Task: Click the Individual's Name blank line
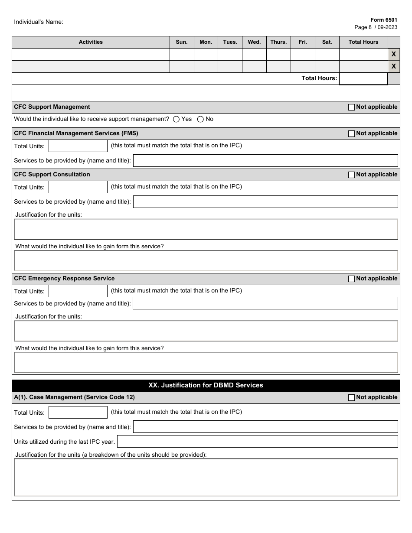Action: [x=134, y=23]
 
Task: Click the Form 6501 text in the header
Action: [x=383, y=20]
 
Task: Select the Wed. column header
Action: [x=254, y=42]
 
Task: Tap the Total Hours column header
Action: [x=363, y=42]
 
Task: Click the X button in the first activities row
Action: [x=393, y=54]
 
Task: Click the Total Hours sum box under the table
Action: [x=363, y=78]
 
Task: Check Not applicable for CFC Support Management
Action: [x=351, y=107]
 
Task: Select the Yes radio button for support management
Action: [x=176, y=119]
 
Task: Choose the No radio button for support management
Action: [x=200, y=119]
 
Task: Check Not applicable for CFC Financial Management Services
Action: [x=351, y=134]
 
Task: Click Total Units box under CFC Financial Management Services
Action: [x=78, y=146]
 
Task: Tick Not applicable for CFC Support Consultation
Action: [x=351, y=175]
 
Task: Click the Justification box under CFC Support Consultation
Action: [x=206, y=229]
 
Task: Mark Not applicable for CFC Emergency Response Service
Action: [x=351, y=279]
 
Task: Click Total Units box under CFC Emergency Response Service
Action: [x=78, y=291]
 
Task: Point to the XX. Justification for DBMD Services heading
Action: [x=206, y=385]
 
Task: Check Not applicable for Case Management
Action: [x=351, y=398]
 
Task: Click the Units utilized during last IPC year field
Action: [x=257, y=442]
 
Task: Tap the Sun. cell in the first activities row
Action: [x=182, y=54]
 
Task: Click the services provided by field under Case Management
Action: [x=265, y=427]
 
